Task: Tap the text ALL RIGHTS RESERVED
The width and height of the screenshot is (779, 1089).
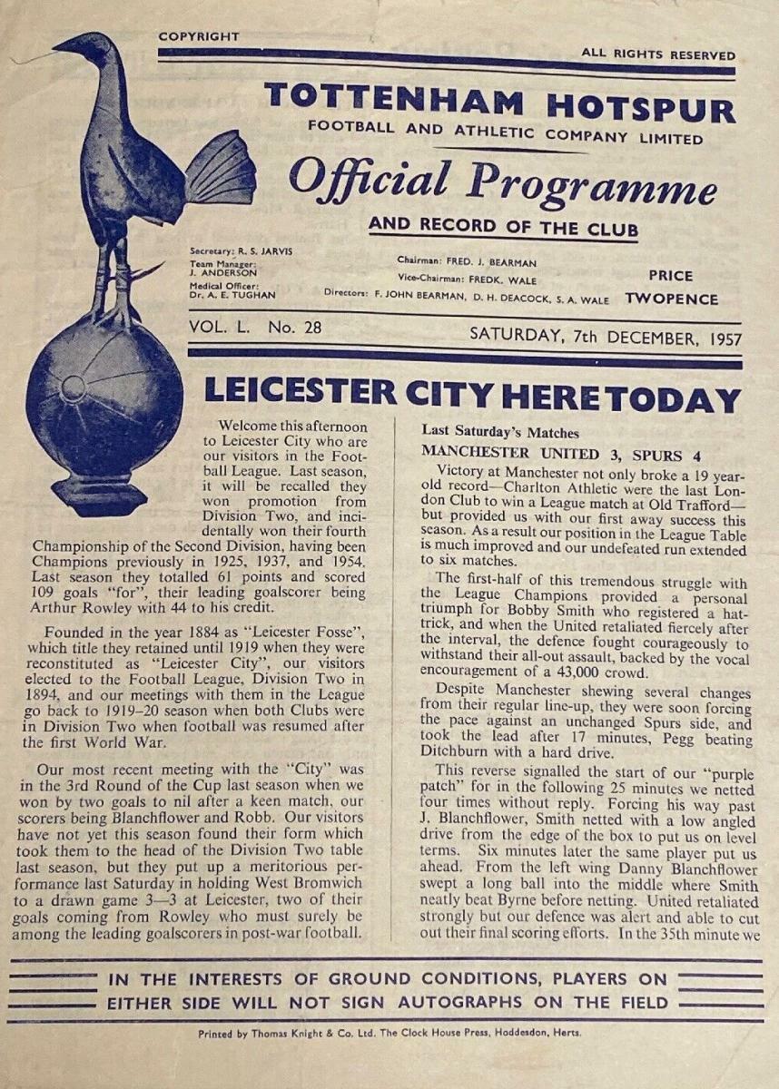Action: pos(657,53)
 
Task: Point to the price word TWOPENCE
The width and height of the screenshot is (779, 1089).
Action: pos(670,299)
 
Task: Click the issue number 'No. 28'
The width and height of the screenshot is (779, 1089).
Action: pos(294,328)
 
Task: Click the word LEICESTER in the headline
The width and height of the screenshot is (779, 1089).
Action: pos(300,393)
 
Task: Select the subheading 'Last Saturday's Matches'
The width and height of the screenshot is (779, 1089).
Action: pos(500,433)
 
